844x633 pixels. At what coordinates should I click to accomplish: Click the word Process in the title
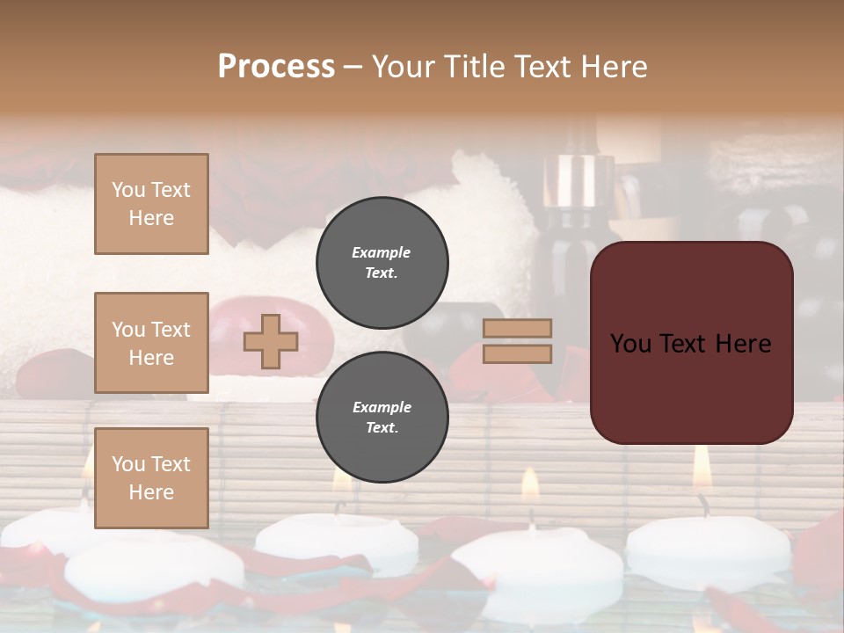pyautogui.click(x=276, y=67)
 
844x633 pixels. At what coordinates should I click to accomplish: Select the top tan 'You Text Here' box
pyautogui.click(x=151, y=204)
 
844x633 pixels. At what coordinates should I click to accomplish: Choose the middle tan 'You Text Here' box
pyautogui.click(x=151, y=343)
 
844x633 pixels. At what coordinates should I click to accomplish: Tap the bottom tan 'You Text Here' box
pyautogui.click(x=151, y=477)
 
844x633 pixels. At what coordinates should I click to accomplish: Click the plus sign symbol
pyautogui.click(x=271, y=341)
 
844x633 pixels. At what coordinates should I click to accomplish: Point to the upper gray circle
pyautogui.click(x=382, y=263)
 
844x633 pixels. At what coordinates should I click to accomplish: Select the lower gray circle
pyautogui.click(x=382, y=418)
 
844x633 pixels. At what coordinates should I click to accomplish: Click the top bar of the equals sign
pyautogui.click(x=517, y=328)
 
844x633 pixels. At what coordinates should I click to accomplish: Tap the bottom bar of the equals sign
pyautogui.click(x=517, y=353)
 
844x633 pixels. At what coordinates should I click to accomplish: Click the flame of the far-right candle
pyautogui.click(x=701, y=469)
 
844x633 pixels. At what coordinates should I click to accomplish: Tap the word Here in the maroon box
pyautogui.click(x=743, y=344)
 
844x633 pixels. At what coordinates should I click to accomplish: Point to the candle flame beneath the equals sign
pyautogui.click(x=530, y=484)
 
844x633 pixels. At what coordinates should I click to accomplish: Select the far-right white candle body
pyautogui.click(x=709, y=549)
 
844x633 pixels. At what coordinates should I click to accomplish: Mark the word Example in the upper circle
pyautogui.click(x=382, y=252)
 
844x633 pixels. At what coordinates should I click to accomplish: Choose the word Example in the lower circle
pyautogui.click(x=382, y=407)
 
